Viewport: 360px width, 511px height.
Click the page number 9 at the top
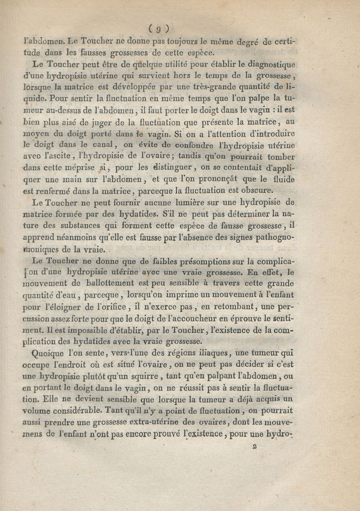tap(158, 29)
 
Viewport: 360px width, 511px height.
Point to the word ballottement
tap(101, 283)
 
